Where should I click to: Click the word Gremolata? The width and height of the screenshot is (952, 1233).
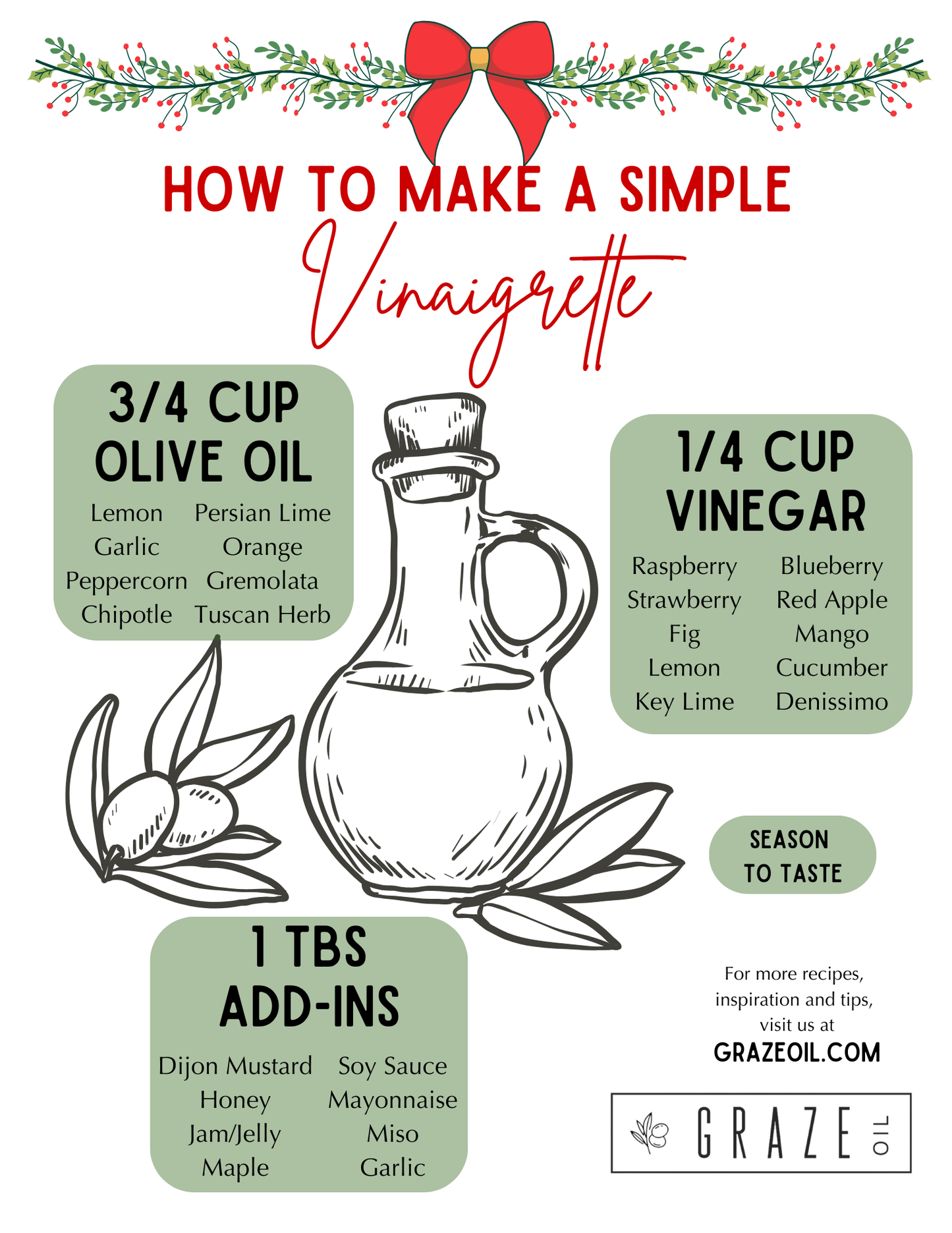262,581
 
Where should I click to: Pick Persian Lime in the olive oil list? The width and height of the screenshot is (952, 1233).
262,513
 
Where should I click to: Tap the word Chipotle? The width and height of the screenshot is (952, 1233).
126,614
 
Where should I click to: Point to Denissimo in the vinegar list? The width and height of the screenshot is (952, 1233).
831,701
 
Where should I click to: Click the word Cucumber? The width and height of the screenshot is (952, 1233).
831,668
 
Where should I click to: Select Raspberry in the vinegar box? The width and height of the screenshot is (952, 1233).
684,566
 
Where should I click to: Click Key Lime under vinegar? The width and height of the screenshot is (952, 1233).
684,701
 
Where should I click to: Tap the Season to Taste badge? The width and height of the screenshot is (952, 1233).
793,855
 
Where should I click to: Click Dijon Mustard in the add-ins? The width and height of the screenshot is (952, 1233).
235,1066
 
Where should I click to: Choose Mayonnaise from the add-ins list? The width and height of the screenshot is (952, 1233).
393,1100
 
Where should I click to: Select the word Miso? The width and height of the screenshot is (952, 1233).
393,1133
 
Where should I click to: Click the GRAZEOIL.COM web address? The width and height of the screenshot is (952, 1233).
797,1052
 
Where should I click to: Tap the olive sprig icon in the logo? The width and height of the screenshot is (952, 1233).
650,1133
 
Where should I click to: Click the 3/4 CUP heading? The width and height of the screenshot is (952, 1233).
204,403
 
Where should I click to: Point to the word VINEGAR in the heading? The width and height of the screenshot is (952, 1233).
766,511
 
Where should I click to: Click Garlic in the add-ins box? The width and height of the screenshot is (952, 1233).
393,1168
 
